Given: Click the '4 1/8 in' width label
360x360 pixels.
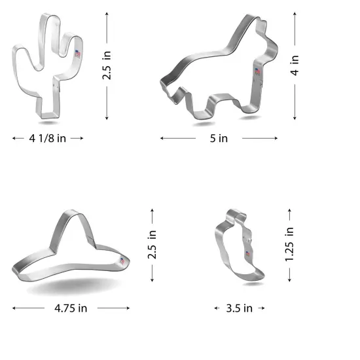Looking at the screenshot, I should pos(48,138).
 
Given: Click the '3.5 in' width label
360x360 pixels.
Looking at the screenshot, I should pos(239,308).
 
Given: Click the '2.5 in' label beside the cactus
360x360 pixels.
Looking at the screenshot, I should pos(107,65).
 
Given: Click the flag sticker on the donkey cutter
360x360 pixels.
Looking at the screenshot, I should pos(257,71).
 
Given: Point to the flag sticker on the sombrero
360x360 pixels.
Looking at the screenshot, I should pos(121,261).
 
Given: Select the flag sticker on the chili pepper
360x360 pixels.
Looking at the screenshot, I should pos(248,254).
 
